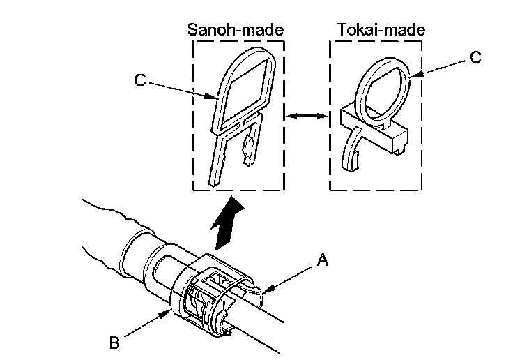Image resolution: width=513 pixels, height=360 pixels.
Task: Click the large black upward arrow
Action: coord(227,221)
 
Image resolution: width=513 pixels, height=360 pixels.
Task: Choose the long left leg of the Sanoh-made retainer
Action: coord(222,157)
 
